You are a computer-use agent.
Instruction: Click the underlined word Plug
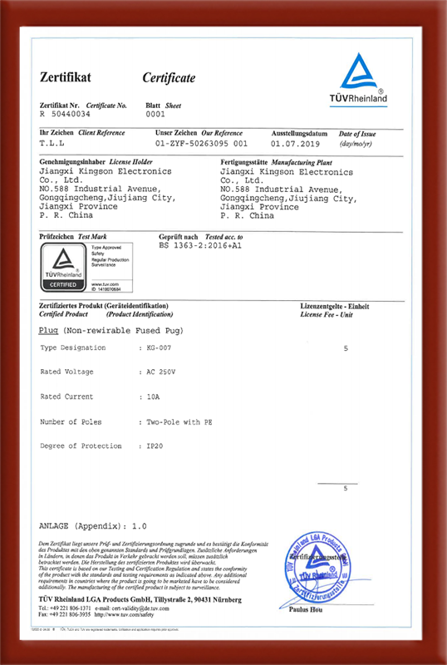point(47,330)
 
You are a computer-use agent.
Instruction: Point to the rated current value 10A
point(153,397)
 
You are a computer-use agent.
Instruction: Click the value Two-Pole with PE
point(179,421)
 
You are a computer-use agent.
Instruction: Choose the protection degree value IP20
point(155,446)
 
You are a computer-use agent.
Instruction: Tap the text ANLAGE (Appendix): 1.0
point(93,527)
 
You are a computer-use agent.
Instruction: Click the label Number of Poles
point(72,421)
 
